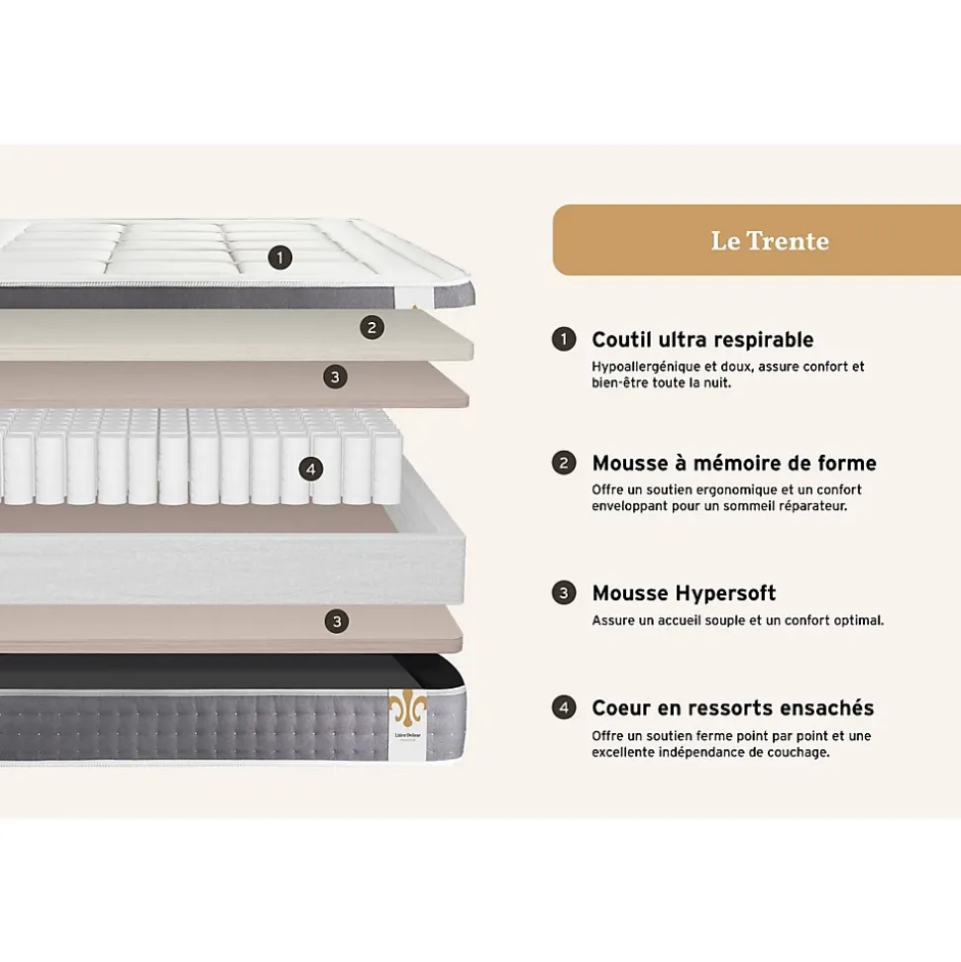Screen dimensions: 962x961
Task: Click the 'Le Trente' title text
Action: (x=769, y=241)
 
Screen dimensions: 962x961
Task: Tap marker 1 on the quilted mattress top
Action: (x=280, y=258)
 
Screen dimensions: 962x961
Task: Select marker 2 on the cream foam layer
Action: (x=372, y=327)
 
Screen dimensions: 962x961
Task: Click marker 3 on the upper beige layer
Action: (x=336, y=376)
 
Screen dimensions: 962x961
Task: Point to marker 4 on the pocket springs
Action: (x=310, y=470)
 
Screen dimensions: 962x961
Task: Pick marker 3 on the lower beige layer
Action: (x=338, y=621)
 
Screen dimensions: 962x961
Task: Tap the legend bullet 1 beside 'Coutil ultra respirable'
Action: (x=564, y=340)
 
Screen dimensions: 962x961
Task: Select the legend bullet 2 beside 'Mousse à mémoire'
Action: (x=564, y=463)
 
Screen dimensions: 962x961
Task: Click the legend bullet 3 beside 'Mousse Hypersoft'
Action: (x=564, y=593)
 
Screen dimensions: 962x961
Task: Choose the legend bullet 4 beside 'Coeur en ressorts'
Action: (x=564, y=707)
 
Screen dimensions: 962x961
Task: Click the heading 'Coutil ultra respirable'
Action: (x=702, y=340)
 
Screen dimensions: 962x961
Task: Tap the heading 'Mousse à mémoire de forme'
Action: (x=734, y=463)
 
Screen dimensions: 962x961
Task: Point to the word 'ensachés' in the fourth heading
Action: (x=828, y=707)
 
